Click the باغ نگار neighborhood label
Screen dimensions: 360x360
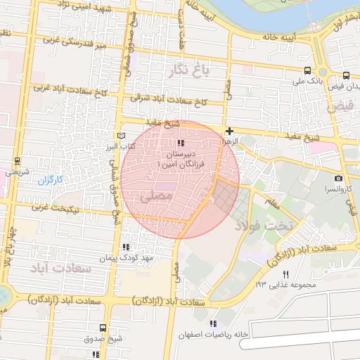pyautogui.click(x=188, y=69)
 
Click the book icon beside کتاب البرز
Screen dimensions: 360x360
pyautogui.click(x=120, y=135)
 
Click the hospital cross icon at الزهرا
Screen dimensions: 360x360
pyautogui.click(x=229, y=131)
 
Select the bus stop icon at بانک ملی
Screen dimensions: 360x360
pyautogui.click(x=307, y=70)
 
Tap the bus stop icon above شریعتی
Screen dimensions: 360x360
pyautogui.click(x=17, y=161)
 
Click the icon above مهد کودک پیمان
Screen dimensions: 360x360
pyautogui.click(x=126, y=247)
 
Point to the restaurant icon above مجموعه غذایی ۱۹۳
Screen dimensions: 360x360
pyautogui.click(x=285, y=274)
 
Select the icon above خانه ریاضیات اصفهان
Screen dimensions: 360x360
pyautogui.click(x=214, y=323)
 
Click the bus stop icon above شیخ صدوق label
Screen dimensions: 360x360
pyautogui.click(x=103, y=328)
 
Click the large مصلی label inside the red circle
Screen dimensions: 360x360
pyautogui.click(x=155, y=197)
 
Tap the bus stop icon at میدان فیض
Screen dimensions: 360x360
pyautogui.click(x=345, y=75)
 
